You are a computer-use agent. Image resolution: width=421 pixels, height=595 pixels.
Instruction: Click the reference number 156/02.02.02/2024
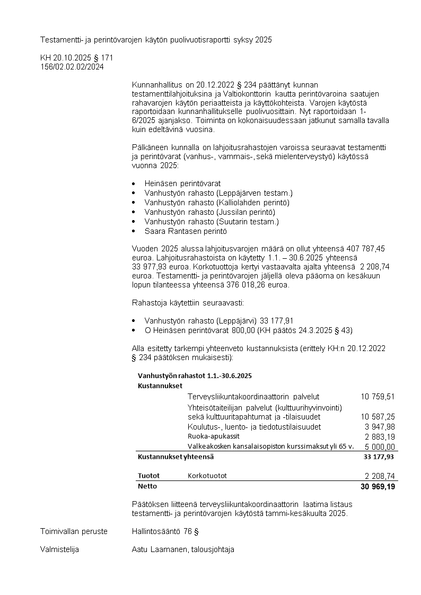[x=72, y=66]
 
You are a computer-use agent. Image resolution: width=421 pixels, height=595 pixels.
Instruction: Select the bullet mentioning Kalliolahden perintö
[x=217, y=202]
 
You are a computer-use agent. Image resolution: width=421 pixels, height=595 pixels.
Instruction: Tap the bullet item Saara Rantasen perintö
[x=186, y=231]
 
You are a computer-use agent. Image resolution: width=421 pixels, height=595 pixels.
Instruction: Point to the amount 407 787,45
[x=366, y=248]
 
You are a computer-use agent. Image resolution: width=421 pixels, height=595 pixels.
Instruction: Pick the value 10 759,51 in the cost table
[x=378, y=397]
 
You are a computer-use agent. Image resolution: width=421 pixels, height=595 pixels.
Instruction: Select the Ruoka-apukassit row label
[x=210, y=436]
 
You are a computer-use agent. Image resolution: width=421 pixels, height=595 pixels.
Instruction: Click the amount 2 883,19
[x=380, y=436]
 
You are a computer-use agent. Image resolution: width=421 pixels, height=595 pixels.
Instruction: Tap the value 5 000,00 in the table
[x=380, y=447]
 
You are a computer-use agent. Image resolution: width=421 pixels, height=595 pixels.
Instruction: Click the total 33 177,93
[x=379, y=456]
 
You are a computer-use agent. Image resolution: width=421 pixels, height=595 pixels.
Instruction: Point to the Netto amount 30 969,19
[x=378, y=486]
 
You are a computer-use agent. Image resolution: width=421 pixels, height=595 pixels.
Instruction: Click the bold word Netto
[x=147, y=486]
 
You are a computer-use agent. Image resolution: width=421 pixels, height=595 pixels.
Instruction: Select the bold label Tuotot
[x=148, y=476]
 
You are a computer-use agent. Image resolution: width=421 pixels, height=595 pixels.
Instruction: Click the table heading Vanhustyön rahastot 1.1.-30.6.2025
[x=194, y=375]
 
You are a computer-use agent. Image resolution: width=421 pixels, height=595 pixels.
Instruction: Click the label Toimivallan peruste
[x=74, y=531]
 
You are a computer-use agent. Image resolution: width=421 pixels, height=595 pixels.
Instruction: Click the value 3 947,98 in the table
[x=380, y=426]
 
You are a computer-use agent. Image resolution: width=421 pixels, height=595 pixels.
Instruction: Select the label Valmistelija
[x=59, y=549]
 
